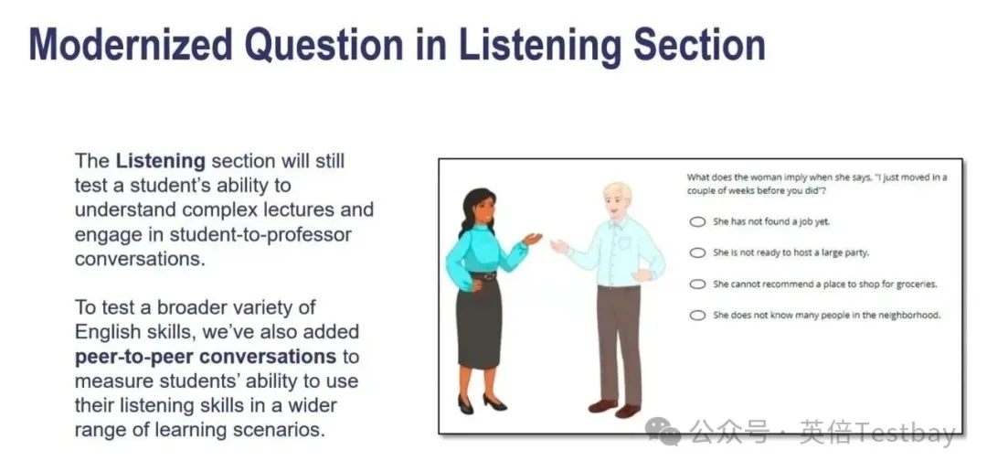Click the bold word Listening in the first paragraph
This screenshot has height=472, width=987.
click(161, 161)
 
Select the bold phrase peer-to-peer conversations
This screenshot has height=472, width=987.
click(206, 357)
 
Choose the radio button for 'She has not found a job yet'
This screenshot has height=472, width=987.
click(696, 221)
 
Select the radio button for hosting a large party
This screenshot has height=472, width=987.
click(696, 252)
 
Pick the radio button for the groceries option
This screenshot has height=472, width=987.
click(696, 284)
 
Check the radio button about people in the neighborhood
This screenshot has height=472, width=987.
click(696, 315)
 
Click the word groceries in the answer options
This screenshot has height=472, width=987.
click(918, 284)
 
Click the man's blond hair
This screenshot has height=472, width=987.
click(618, 192)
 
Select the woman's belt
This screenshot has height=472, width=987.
click(483, 275)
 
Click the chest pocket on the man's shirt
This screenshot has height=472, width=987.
click(623, 242)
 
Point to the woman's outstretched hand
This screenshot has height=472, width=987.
click(533, 239)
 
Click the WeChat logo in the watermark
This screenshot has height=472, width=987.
click(663, 434)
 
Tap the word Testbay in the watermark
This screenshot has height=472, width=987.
click(904, 434)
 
